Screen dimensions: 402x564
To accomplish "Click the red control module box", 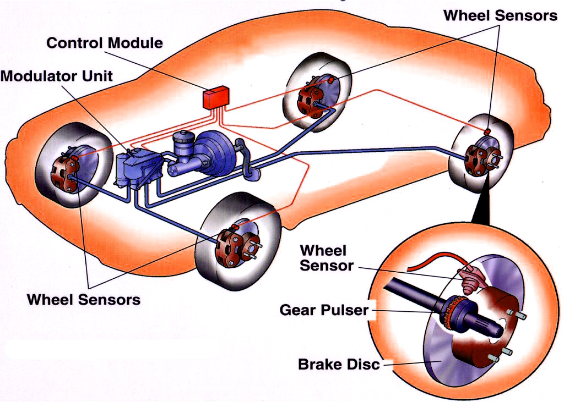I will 216,97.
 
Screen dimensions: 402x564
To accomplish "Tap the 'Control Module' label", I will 105,43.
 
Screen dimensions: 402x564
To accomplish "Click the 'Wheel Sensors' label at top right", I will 500,15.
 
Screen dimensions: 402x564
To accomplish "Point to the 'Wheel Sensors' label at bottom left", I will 84,300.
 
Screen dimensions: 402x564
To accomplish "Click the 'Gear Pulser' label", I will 324,310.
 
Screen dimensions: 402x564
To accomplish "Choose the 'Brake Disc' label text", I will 339,364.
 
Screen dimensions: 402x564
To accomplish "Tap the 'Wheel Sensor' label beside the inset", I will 326,258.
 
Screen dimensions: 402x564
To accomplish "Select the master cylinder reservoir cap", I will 181,135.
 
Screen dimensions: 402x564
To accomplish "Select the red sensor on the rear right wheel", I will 487,132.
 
